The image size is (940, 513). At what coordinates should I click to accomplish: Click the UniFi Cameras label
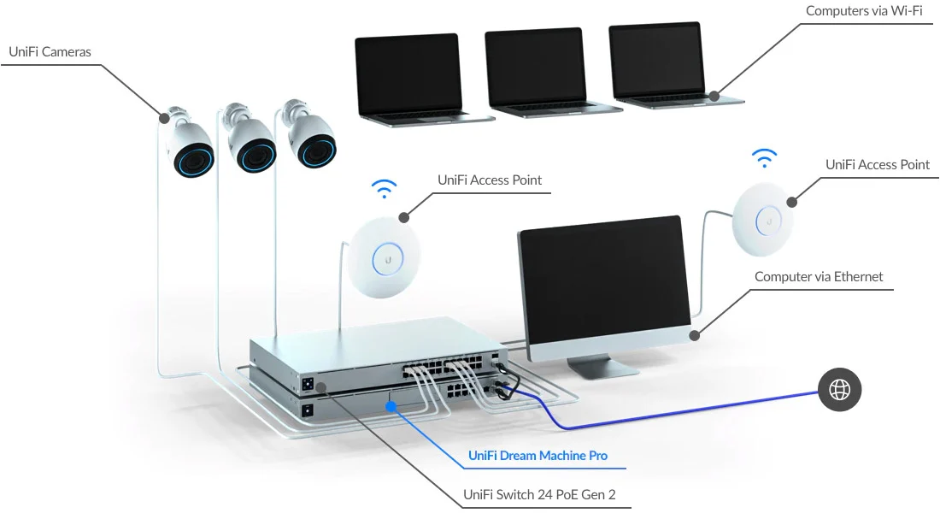pyautogui.click(x=50, y=52)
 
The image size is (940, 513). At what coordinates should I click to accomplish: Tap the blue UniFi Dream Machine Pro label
pyautogui.click(x=538, y=456)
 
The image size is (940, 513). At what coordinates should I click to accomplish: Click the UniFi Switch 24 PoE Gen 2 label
pyautogui.click(x=539, y=494)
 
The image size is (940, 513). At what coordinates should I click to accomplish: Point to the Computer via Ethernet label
pyautogui.click(x=819, y=277)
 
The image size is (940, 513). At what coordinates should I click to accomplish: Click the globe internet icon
pyautogui.click(x=840, y=390)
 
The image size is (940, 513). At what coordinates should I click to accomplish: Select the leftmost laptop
pyautogui.click(x=411, y=78)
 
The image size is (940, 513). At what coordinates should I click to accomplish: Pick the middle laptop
pyautogui.click(x=537, y=74)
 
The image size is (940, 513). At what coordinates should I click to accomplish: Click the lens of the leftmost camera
pyautogui.click(x=194, y=159)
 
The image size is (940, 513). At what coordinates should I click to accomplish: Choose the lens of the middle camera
pyautogui.click(x=255, y=155)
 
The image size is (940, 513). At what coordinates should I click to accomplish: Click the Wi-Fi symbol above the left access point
pyautogui.click(x=385, y=189)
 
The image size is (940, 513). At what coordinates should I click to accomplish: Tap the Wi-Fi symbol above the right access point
pyautogui.click(x=764, y=159)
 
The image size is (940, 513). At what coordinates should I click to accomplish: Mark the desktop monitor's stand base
pyautogui.click(x=602, y=368)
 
